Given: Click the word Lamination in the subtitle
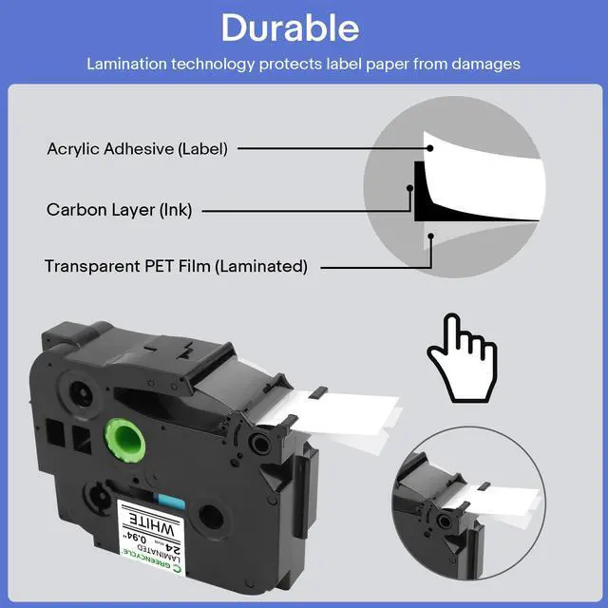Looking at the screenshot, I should pyautogui.click(x=124, y=65).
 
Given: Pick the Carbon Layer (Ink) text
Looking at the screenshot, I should pyautogui.click(x=119, y=210).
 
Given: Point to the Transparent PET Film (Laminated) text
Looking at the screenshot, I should pyautogui.click(x=176, y=267).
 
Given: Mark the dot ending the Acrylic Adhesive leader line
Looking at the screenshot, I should pyautogui.click(x=429, y=148).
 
